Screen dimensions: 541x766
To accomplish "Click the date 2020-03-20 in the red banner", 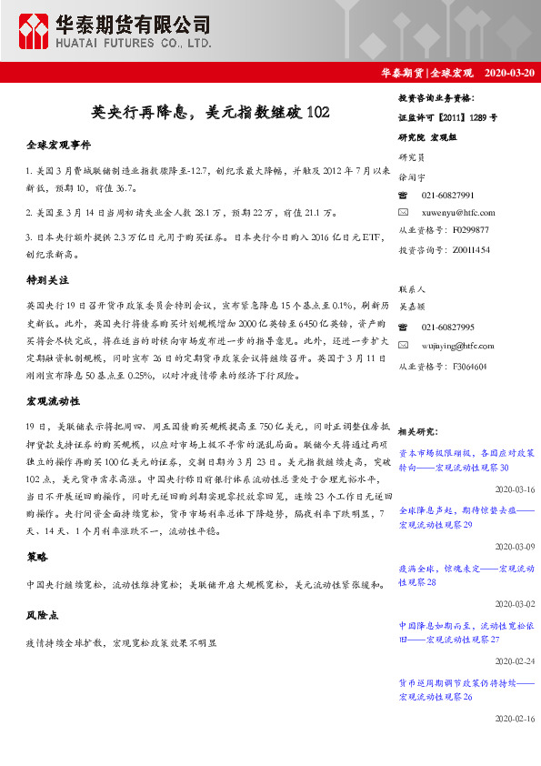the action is point(510,72).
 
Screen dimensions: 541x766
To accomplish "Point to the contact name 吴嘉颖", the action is point(413,309).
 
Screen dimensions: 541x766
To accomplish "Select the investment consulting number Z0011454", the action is point(469,248).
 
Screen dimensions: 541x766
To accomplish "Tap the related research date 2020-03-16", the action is point(514,488).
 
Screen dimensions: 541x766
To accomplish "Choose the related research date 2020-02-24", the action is point(514,661).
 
